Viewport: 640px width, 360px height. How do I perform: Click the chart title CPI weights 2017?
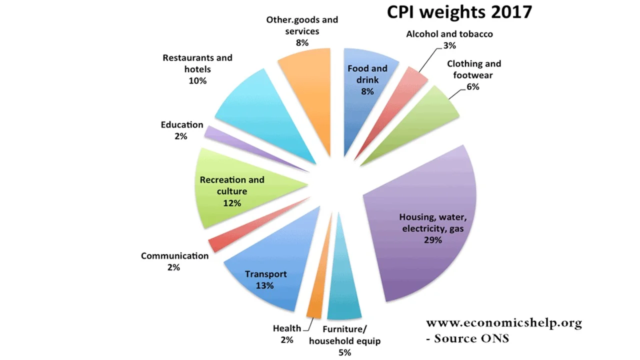(459, 12)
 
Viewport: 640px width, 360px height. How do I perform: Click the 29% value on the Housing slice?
(432, 240)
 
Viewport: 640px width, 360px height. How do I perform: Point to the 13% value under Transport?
(265, 286)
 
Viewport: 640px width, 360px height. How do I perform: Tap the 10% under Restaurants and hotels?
(197, 80)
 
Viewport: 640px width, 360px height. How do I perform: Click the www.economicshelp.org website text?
(503, 323)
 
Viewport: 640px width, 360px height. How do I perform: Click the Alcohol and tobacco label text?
(449, 34)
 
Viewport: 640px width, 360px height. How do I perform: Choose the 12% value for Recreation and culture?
(232, 203)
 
